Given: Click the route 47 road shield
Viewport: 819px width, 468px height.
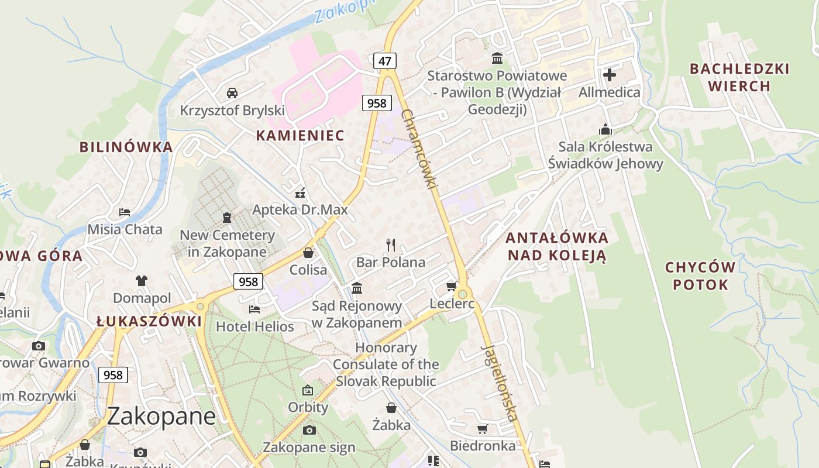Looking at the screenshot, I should click(x=384, y=61).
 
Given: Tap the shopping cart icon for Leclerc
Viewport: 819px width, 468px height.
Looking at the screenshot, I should click(x=451, y=286).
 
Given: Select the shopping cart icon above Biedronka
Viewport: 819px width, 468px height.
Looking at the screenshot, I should click(x=483, y=429).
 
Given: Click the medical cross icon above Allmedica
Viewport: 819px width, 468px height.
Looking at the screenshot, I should click(x=610, y=75).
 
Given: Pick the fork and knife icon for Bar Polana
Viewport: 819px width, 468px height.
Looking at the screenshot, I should click(x=391, y=245).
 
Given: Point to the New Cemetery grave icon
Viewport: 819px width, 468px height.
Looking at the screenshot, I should click(x=227, y=218).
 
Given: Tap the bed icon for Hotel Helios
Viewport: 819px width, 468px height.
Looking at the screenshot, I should click(x=254, y=309).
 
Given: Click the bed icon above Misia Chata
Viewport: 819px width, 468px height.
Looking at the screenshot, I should click(x=125, y=212).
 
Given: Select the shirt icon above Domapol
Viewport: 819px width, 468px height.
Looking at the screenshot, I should click(x=142, y=281).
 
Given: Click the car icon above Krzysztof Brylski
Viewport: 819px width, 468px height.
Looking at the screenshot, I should click(x=232, y=93).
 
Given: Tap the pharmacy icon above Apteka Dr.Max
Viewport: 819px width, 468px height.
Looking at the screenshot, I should click(x=300, y=192).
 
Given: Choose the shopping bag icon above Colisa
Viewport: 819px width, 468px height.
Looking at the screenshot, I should click(x=308, y=253).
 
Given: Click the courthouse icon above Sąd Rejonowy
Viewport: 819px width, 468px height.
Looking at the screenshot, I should click(x=357, y=288).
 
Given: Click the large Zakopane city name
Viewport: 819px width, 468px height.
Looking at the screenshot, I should click(x=161, y=417).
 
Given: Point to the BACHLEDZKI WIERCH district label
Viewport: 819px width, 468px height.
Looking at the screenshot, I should click(x=739, y=77).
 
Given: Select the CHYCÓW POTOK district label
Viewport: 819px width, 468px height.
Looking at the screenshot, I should click(x=700, y=276).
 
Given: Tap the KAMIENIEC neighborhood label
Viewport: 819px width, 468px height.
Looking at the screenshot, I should click(x=300, y=136).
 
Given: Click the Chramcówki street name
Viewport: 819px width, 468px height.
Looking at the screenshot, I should click(x=419, y=149).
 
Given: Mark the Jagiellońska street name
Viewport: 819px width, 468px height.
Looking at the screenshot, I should click(x=500, y=383).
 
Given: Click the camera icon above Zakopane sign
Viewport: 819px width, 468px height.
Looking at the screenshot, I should click(x=309, y=431).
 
